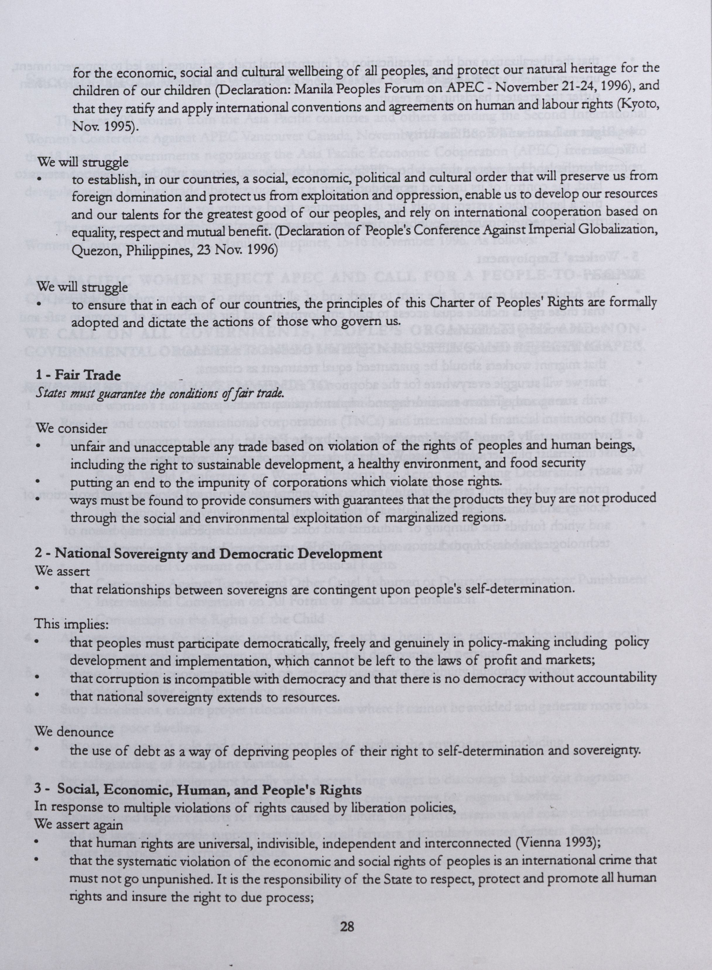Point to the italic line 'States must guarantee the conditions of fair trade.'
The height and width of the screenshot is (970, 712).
(160, 393)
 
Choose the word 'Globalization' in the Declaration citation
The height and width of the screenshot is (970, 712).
(622, 231)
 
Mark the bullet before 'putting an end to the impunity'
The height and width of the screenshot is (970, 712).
(38, 482)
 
